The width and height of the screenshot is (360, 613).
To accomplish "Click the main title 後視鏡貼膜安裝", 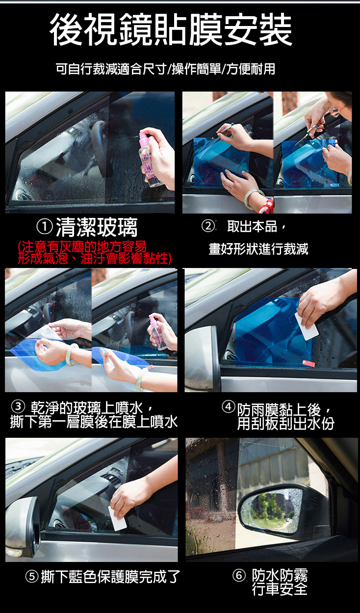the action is click(x=171, y=29).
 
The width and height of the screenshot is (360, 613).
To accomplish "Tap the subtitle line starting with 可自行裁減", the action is click(x=165, y=69).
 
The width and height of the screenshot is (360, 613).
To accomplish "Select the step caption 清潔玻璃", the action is click(x=97, y=227).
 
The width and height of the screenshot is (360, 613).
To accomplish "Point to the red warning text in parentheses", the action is click(x=95, y=253).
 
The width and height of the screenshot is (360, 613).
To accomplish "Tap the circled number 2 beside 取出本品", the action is click(x=208, y=226).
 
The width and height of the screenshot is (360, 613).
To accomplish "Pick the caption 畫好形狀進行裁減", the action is click(x=258, y=249).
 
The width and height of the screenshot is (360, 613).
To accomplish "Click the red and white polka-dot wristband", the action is click(x=266, y=206).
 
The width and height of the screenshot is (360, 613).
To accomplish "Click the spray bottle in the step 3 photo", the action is click(x=158, y=333).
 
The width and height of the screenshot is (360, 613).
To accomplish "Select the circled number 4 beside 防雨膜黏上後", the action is click(x=228, y=406).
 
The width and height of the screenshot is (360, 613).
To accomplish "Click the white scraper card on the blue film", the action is click(x=307, y=326).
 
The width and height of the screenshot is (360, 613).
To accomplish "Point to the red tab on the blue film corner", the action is click(x=309, y=363).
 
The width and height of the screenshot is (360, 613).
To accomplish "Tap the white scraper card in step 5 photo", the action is click(x=117, y=518).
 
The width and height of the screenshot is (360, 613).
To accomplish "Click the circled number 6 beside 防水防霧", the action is click(x=239, y=575).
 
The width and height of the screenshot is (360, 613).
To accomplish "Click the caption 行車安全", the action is click(x=280, y=588).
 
